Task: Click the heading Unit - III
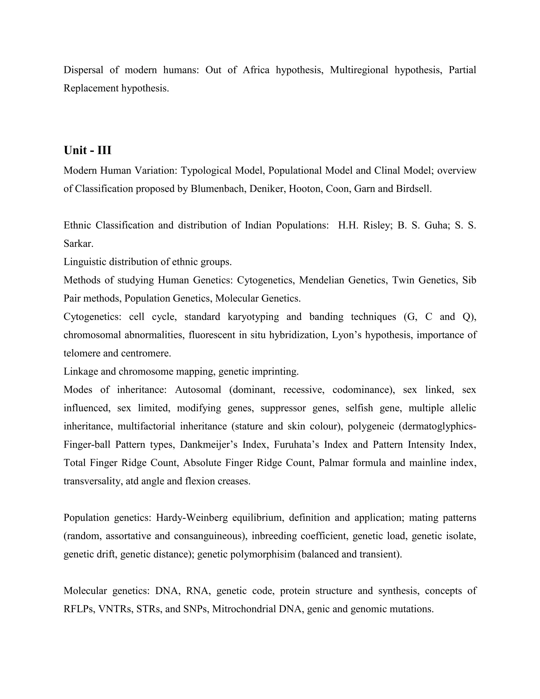[x=87, y=150]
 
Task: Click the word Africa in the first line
[x=256, y=70]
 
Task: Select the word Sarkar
[x=78, y=243]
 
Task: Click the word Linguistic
[x=85, y=262]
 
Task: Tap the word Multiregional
[x=359, y=70]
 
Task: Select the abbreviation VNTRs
[x=115, y=609]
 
